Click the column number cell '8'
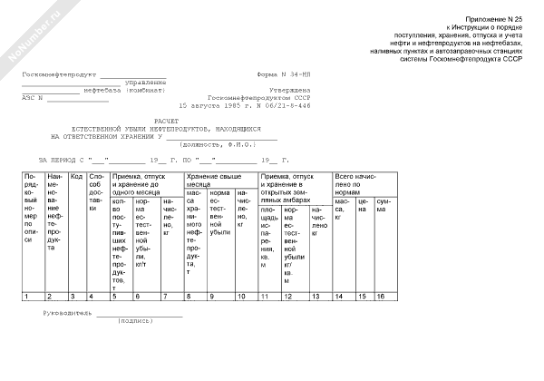coord(189,296)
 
